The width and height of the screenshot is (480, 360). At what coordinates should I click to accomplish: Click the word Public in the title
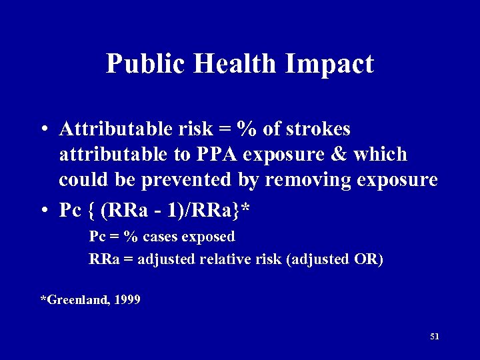point(139,64)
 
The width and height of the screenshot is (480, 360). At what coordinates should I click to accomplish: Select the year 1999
point(127,300)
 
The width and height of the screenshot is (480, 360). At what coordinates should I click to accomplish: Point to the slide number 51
point(435,337)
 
